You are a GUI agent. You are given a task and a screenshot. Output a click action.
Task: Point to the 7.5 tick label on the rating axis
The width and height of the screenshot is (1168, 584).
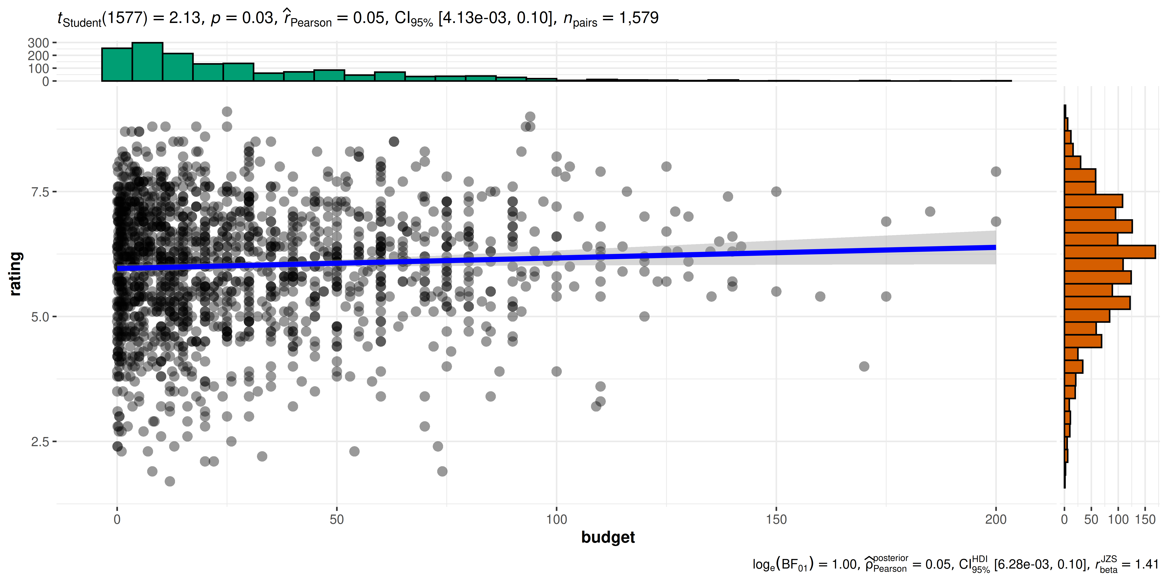[40, 192]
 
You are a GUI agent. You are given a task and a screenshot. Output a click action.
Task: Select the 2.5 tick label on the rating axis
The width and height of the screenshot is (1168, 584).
[40, 442]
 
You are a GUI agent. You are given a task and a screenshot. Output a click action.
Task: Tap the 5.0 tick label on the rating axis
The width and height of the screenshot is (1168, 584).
[40, 317]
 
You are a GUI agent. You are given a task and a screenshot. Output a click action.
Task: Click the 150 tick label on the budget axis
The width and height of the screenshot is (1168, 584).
[776, 519]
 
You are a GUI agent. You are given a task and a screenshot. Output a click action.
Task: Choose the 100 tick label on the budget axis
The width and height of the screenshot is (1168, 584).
[556, 519]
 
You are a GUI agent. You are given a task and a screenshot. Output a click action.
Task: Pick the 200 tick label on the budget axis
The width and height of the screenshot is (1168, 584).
[996, 519]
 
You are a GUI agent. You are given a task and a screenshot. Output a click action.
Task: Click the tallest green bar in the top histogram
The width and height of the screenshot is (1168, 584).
[147, 62]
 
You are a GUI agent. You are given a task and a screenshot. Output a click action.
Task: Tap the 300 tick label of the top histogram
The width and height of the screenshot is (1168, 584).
[39, 43]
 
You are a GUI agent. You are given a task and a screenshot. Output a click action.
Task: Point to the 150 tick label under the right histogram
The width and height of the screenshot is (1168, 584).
[1145, 519]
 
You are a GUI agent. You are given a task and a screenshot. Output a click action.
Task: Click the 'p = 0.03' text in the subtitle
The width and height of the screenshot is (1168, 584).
[243, 18]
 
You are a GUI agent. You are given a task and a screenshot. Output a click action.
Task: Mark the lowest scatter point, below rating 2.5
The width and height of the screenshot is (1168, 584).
[170, 481]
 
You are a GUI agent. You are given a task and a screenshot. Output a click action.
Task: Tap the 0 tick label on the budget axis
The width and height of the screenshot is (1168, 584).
[117, 519]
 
